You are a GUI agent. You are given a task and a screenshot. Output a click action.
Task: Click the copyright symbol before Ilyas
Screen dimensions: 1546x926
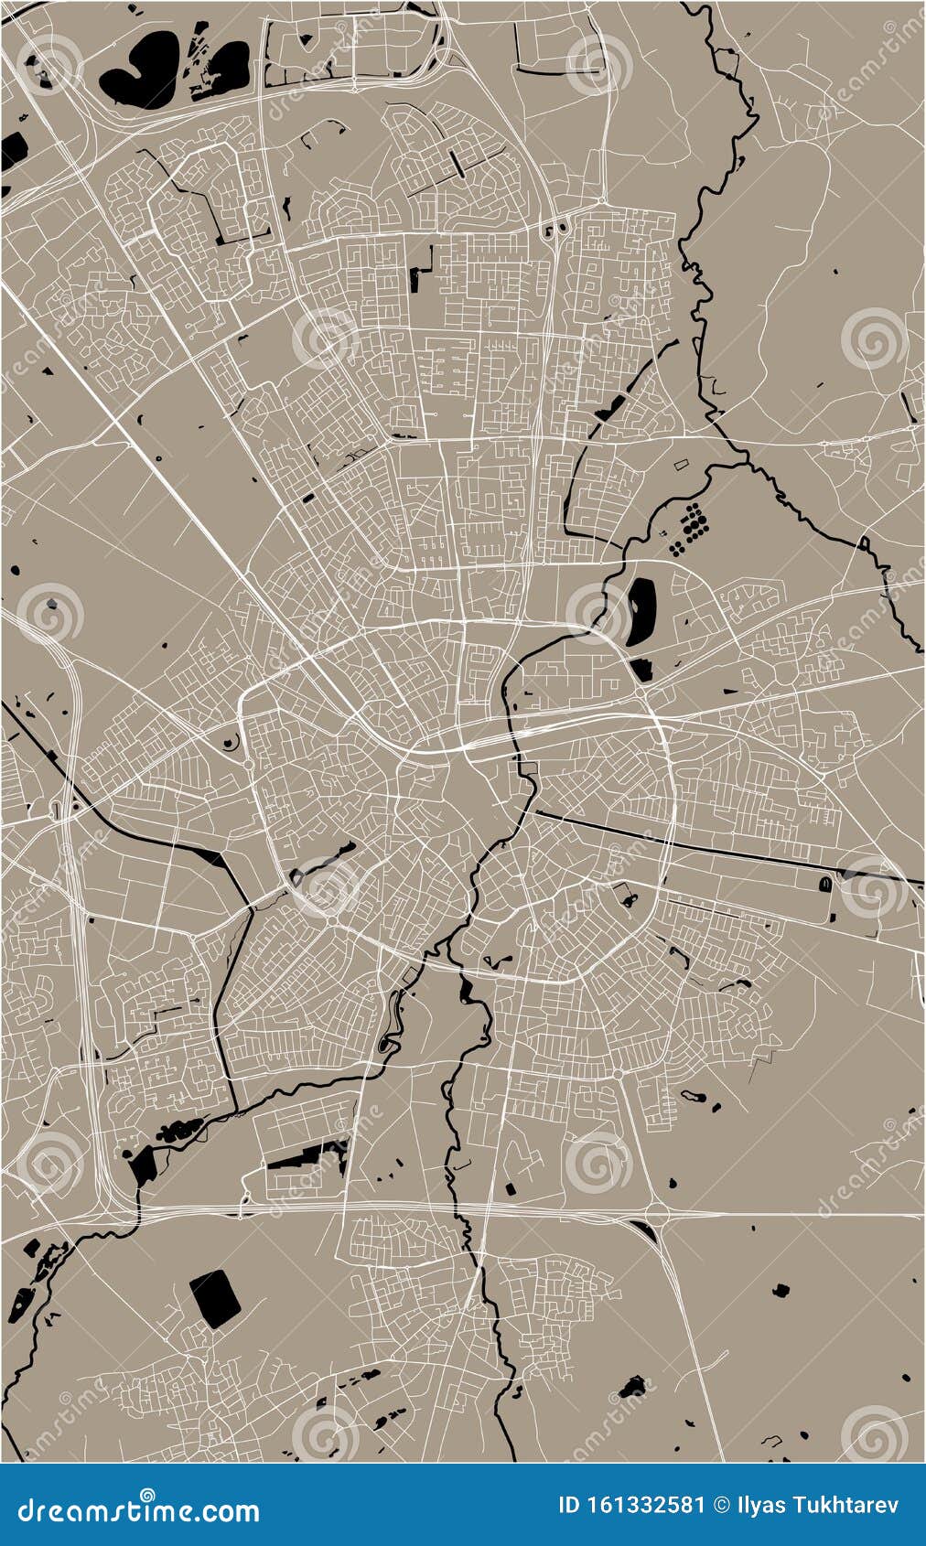(x=720, y=1505)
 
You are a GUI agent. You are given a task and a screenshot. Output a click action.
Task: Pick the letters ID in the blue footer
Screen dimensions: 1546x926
(x=568, y=1505)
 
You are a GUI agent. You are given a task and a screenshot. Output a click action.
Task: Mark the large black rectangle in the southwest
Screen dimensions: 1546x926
(x=215, y=1298)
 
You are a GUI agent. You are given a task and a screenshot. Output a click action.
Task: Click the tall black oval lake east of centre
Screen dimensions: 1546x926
(x=640, y=612)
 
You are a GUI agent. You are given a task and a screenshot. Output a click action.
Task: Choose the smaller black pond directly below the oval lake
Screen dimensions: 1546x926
(x=641, y=670)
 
